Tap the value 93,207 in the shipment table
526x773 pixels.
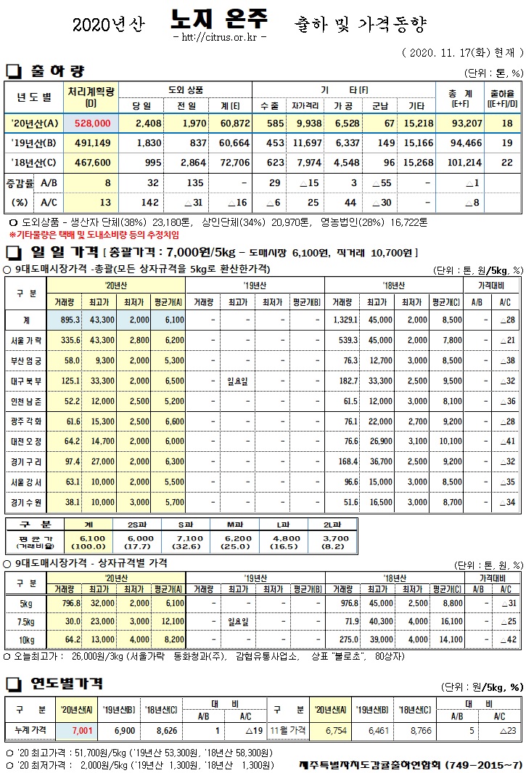[461, 124]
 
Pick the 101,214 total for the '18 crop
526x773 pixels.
[461, 163]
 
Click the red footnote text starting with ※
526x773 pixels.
[94, 235]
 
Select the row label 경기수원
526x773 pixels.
[28, 501]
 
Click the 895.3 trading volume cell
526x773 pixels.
[70, 320]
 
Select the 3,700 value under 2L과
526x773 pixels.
[317, 538]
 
